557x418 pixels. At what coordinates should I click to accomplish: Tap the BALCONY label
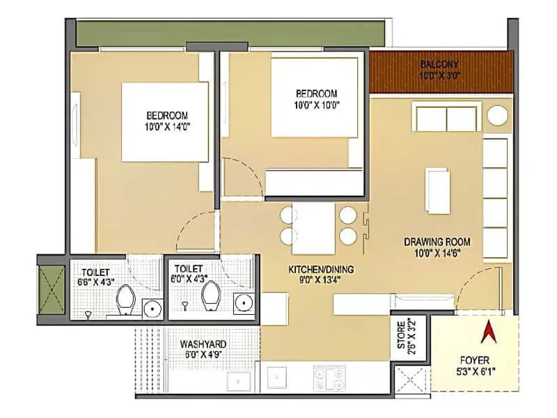[x=439, y=65]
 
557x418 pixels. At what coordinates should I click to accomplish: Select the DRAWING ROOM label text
[x=433, y=242]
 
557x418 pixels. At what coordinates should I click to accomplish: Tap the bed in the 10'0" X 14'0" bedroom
[x=165, y=122]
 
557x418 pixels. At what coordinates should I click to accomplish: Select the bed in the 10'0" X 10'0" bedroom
[x=315, y=98]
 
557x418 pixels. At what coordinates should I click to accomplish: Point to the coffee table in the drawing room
[x=438, y=190]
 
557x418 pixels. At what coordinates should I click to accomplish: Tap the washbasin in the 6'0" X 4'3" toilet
[x=242, y=302]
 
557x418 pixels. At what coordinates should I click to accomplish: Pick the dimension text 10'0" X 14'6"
[x=433, y=253]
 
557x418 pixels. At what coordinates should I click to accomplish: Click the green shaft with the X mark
[x=51, y=288]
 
